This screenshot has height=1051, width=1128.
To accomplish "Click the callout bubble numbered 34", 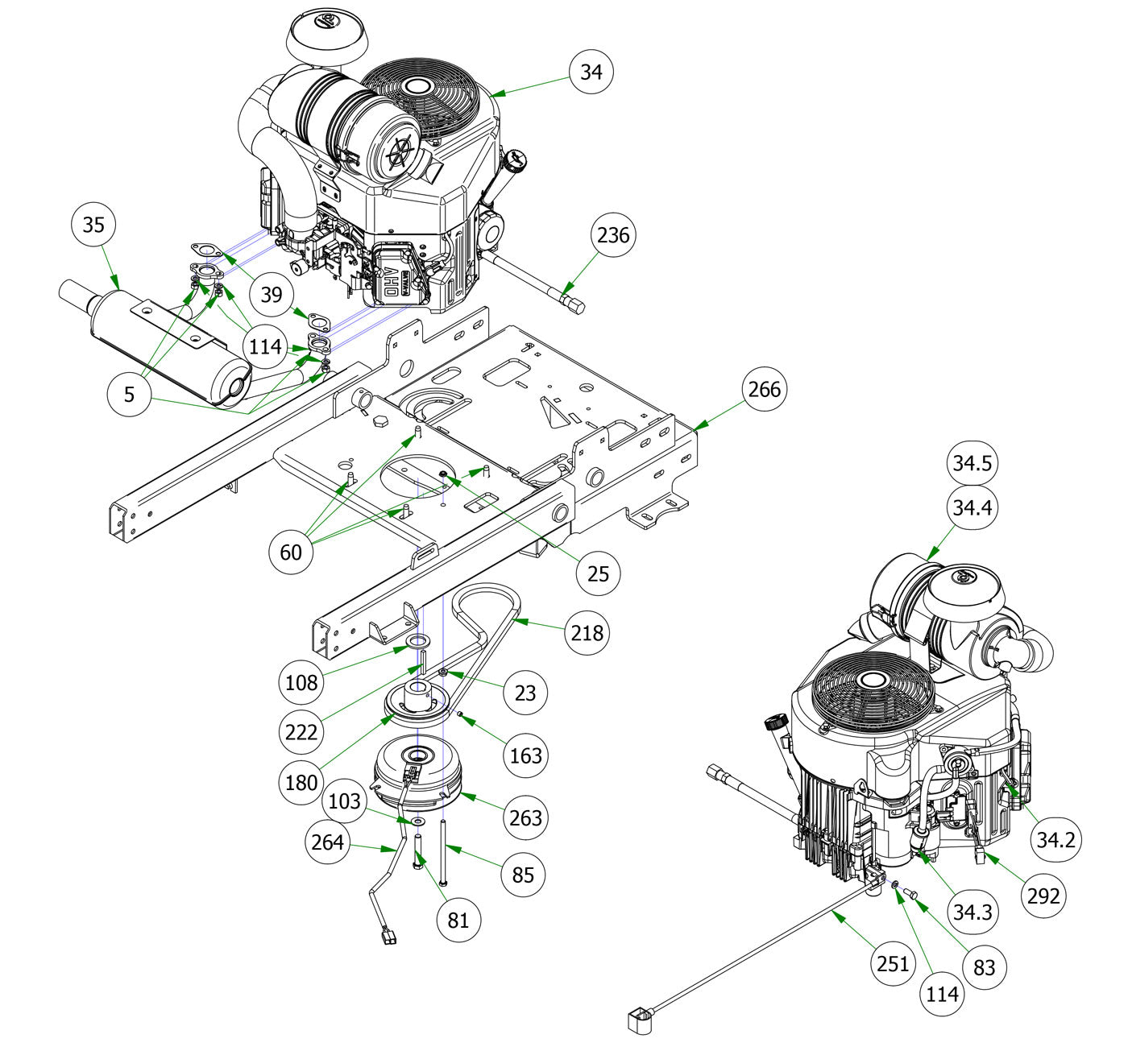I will click(x=591, y=72).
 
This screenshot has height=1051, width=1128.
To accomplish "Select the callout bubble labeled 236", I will click(x=613, y=235).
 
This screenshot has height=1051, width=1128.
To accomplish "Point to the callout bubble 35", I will click(x=93, y=225).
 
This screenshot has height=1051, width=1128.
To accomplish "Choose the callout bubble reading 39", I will click(x=272, y=295).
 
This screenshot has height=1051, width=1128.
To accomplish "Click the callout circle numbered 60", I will click(x=291, y=552).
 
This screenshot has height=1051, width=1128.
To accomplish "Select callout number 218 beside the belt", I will click(x=587, y=633).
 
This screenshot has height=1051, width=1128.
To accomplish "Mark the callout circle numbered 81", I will click(x=458, y=919).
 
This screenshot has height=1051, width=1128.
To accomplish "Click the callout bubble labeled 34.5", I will click(x=972, y=463).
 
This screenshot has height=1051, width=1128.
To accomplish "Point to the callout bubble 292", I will click(x=1043, y=895).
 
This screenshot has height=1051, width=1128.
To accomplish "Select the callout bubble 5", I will click(x=130, y=395).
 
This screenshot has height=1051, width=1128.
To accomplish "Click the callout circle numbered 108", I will click(x=302, y=682).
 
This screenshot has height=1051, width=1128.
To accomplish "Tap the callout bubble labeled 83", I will click(x=984, y=967).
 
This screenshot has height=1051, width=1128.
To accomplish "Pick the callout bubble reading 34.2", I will click(x=1055, y=840).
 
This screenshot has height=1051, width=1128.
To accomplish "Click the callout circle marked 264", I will click(x=328, y=842).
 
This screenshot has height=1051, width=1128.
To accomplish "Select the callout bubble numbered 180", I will click(x=301, y=782).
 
